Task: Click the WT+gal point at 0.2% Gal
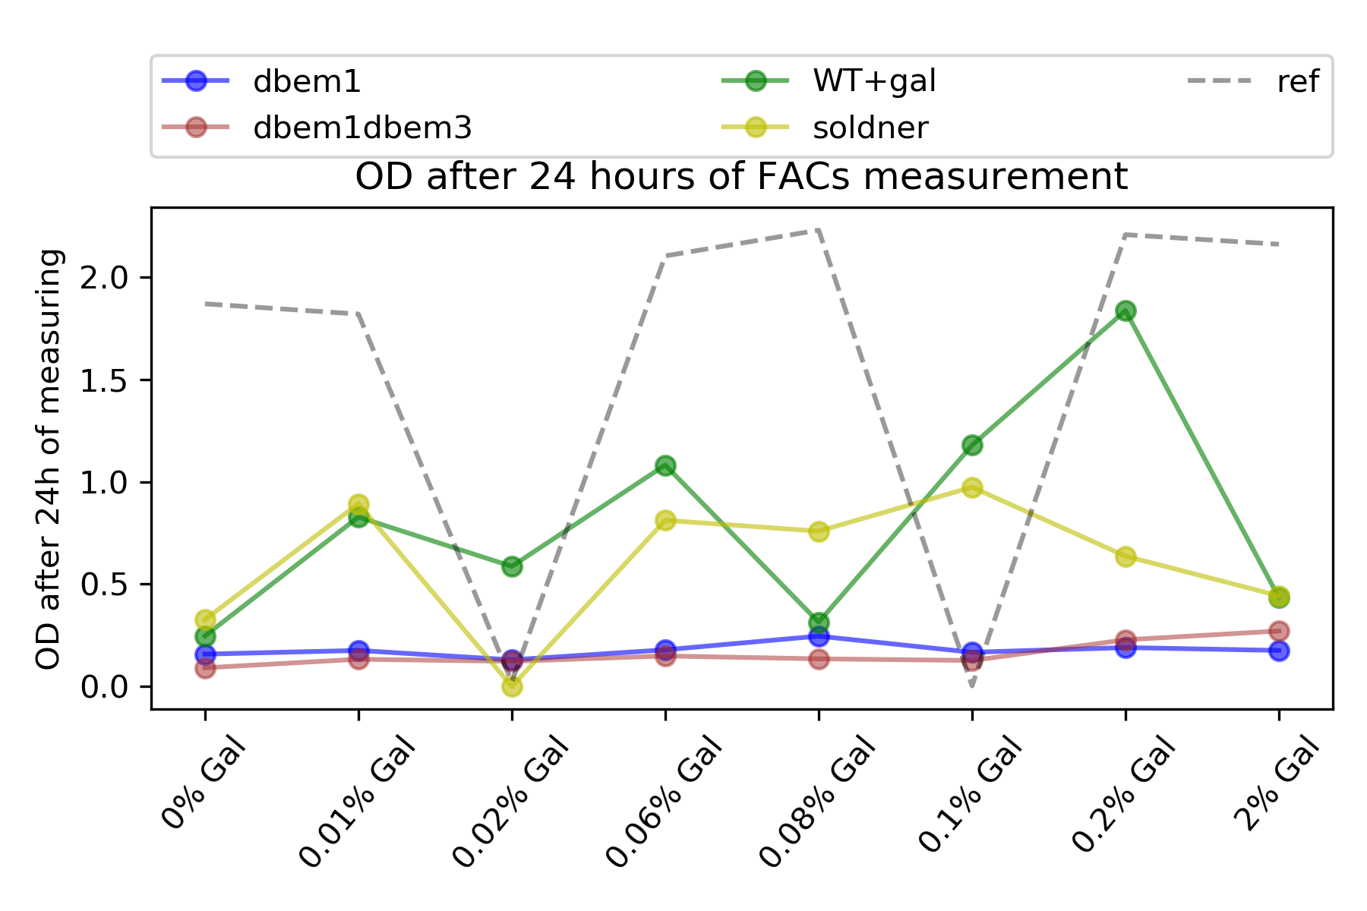(x=1125, y=310)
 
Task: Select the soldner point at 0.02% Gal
(x=512, y=686)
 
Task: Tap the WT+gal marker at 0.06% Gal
(x=665, y=465)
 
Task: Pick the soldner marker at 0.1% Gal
(x=972, y=487)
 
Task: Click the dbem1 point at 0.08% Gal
(x=819, y=636)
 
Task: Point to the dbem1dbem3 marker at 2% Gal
(x=1279, y=631)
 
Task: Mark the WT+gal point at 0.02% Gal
(x=512, y=566)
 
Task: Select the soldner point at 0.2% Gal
(x=1125, y=556)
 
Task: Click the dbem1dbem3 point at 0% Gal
(x=205, y=668)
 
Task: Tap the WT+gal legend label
(x=874, y=82)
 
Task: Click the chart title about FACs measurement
(x=741, y=177)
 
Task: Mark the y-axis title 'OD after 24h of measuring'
(x=49, y=459)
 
